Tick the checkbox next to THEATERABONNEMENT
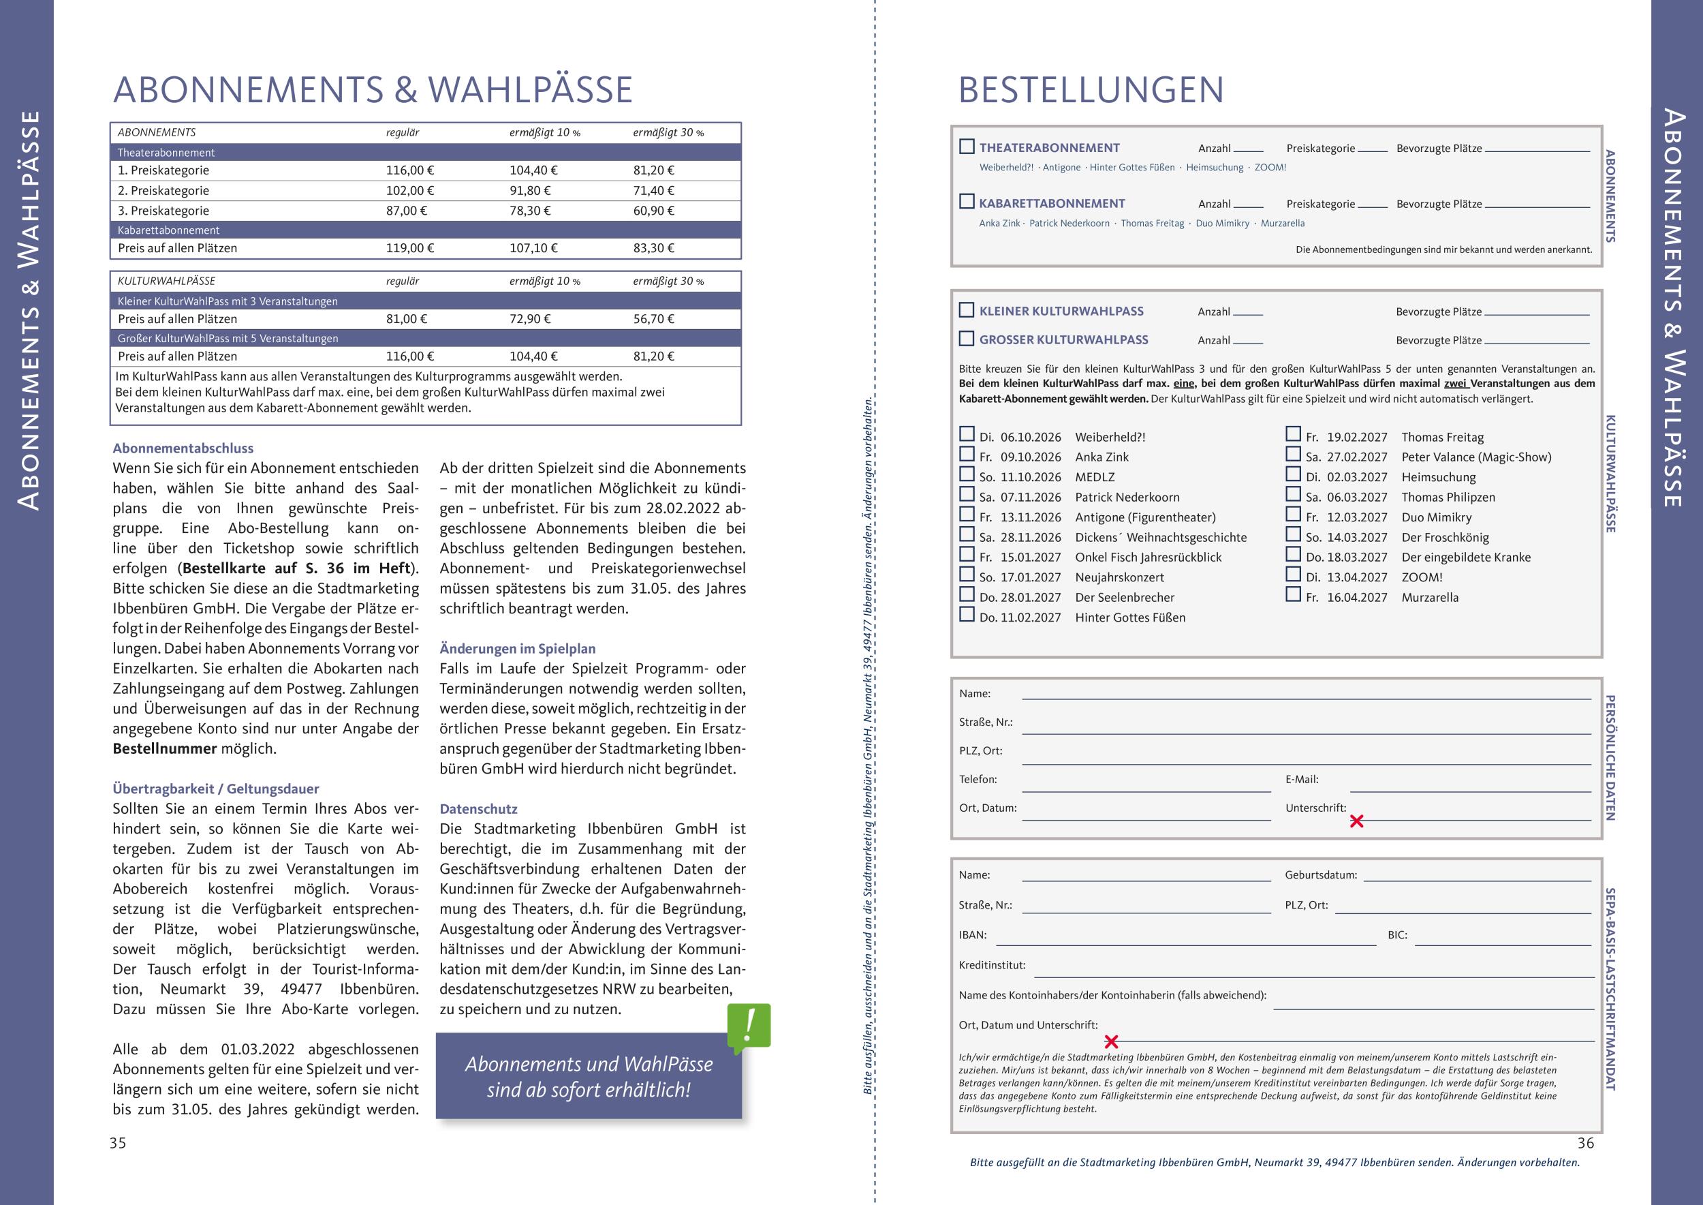(x=967, y=147)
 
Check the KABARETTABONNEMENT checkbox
(x=967, y=202)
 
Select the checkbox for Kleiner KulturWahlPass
(x=967, y=310)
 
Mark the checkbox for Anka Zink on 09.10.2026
(x=967, y=454)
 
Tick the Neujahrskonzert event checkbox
(x=967, y=575)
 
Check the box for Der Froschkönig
(x=1293, y=534)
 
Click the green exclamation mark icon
(x=749, y=1026)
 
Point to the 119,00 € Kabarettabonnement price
(x=409, y=248)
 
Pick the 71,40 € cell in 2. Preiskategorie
(x=653, y=191)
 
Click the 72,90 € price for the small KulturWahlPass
(x=529, y=319)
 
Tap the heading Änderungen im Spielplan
(x=517, y=648)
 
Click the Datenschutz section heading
(x=478, y=809)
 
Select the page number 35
(x=118, y=1144)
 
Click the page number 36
(x=1585, y=1144)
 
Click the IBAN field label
(x=972, y=935)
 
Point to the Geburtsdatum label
(x=1320, y=875)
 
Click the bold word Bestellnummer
(x=165, y=748)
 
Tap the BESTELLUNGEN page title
(x=1091, y=91)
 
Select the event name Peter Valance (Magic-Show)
(x=1476, y=457)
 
